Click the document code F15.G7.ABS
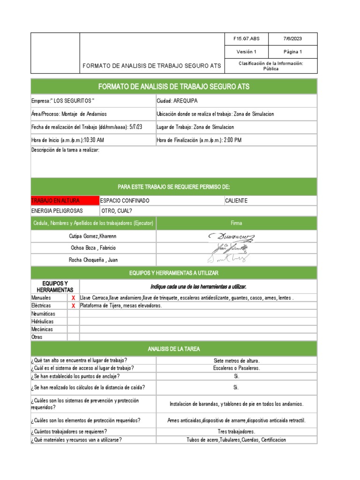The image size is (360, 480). click(x=246, y=39)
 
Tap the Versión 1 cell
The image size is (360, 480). click(x=246, y=52)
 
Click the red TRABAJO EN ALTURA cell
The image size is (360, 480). click(x=65, y=201)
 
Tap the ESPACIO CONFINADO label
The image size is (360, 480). click(x=126, y=201)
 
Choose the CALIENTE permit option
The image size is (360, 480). click(x=236, y=201)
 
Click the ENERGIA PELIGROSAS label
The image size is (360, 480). click(x=57, y=211)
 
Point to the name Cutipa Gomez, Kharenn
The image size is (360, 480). click(x=93, y=236)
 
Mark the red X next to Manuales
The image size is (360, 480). click(x=73, y=298)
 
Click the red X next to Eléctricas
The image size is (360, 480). click(x=73, y=306)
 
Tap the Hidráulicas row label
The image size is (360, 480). click(x=43, y=322)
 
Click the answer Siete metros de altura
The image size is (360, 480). click(x=236, y=361)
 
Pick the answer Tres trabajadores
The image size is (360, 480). click(x=236, y=432)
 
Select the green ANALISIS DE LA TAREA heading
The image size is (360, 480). click(x=174, y=349)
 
